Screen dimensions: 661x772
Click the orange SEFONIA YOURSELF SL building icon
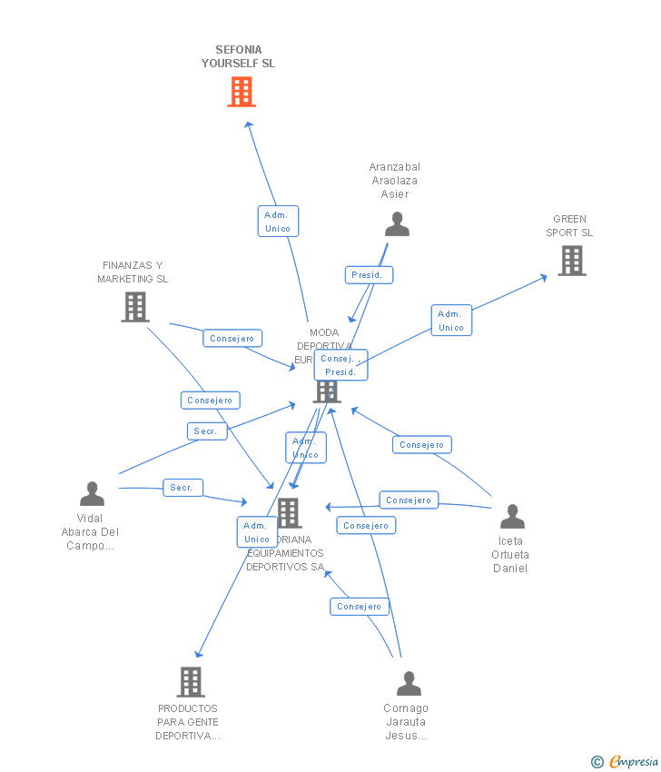pyautogui.click(x=242, y=92)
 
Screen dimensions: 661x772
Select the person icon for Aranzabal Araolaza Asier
pyautogui.click(x=397, y=223)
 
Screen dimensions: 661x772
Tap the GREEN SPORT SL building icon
pyautogui.click(x=571, y=261)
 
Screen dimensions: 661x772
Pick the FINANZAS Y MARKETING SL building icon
pyautogui.click(x=135, y=307)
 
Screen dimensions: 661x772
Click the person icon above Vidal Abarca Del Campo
pyautogui.click(x=92, y=494)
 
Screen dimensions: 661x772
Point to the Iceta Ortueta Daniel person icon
pyautogui.click(x=512, y=517)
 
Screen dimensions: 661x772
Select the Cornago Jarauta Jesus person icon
pyautogui.click(x=409, y=683)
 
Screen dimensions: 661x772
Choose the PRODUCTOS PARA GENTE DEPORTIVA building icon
pyautogui.click(x=191, y=681)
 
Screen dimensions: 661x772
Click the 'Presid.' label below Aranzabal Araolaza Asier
pyautogui.click(x=370, y=274)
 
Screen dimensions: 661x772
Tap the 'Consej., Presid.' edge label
pyautogui.click(x=340, y=365)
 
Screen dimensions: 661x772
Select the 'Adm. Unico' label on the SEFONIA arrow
pyautogui.click(x=278, y=222)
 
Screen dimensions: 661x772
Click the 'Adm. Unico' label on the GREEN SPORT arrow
pyautogui.click(x=451, y=321)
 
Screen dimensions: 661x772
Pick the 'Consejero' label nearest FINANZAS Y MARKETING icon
pyautogui.click(x=232, y=339)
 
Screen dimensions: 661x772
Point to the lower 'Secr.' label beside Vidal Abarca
pyautogui.click(x=183, y=488)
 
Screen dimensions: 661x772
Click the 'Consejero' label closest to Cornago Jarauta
pyautogui.click(x=360, y=607)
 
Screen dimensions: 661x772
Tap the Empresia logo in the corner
pyautogui.click(x=626, y=761)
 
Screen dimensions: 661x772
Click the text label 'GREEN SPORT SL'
pyautogui.click(x=569, y=225)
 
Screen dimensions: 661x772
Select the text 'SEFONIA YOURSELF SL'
pyautogui.click(x=238, y=56)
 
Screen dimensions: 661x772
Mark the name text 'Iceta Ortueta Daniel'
pyautogui.click(x=510, y=555)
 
